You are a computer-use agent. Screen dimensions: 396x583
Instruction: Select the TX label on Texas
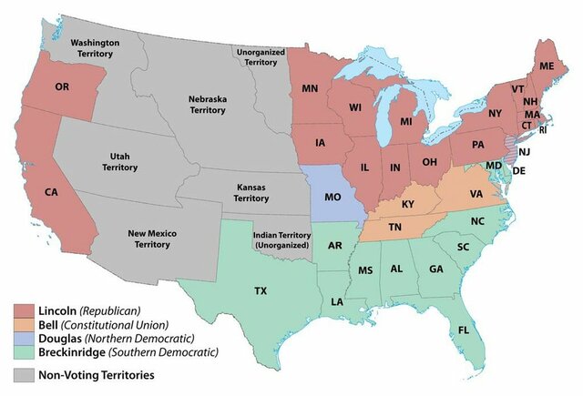(260, 291)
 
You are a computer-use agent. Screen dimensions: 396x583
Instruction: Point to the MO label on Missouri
(332, 197)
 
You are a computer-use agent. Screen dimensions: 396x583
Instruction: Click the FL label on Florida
(465, 330)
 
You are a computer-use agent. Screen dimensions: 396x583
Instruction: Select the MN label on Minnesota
(310, 88)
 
